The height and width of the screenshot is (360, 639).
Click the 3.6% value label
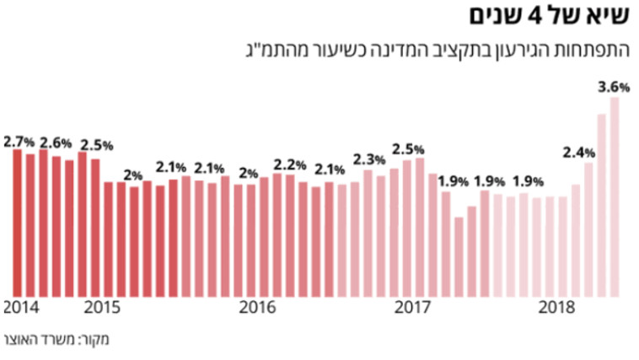point(613,86)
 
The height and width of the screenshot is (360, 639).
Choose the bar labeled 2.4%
point(588,228)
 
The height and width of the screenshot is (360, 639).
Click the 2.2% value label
point(289,164)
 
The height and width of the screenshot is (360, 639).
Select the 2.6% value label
point(55,142)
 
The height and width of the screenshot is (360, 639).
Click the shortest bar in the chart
point(459,256)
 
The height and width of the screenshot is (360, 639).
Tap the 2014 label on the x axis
point(19,306)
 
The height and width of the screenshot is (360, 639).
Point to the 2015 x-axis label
point(101,306)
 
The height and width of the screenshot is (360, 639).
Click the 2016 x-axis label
point(257,306)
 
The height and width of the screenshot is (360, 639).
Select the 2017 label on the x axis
point(413,306)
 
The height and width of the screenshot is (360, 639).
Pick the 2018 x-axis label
point(556,306)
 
